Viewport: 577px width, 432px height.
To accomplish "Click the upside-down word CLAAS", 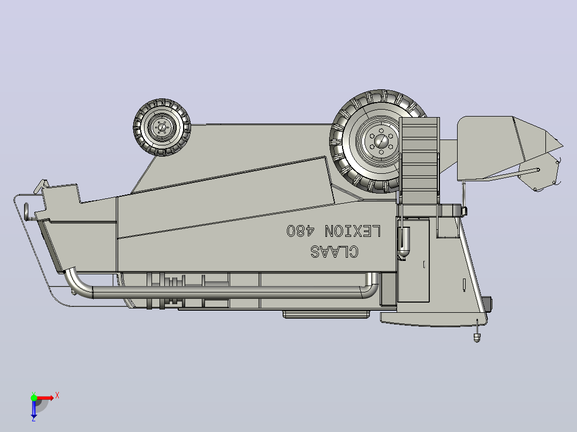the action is coord(334,252).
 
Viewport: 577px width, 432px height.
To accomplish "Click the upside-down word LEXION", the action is coord(353,231).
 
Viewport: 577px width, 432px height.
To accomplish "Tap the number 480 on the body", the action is coord(301,230).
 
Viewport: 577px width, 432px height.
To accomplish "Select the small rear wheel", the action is coord(162,127).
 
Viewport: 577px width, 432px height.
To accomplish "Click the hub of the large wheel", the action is coord(381,141).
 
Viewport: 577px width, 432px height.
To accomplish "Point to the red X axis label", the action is coord(57,396).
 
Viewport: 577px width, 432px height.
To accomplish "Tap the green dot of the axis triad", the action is coord(34,398).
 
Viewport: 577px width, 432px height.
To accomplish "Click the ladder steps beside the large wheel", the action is coord(420,160).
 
